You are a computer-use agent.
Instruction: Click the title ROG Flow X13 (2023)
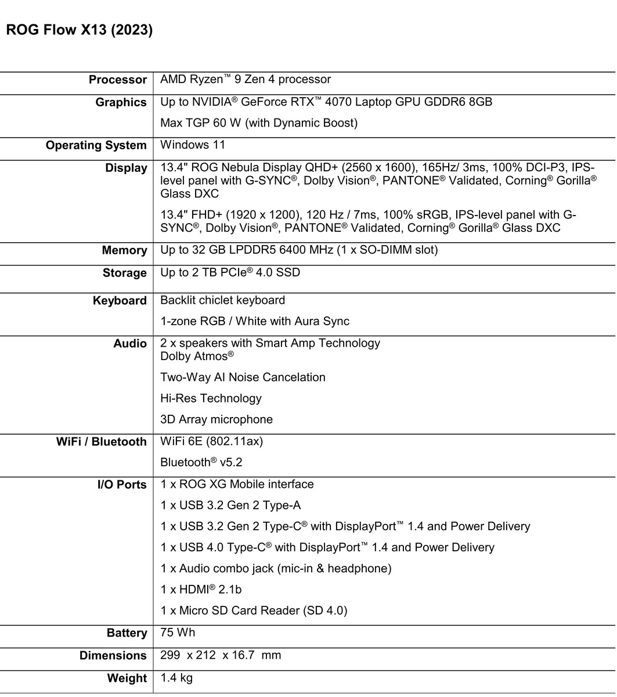pos(80,31)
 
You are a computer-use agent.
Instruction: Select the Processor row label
pos(118,80)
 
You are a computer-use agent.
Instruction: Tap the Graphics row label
pos(121,103)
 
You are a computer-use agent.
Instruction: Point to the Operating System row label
pos(96,146)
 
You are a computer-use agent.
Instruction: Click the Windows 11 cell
pos(193,145)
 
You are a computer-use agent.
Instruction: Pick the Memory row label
pos(124,251)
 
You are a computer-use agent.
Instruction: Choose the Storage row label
pos(125,274)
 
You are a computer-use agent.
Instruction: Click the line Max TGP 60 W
pos(259,123)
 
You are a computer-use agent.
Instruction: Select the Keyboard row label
pos(120,301)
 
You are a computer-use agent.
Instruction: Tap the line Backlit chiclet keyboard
pos(222,300)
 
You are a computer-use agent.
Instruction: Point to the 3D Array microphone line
pos(217,419)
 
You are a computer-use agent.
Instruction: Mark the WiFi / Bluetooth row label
pos(102,442)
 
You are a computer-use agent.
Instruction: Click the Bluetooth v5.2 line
pos(201,462)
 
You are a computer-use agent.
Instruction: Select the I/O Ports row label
pos(122,485)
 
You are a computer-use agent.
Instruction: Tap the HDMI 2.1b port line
pos(201,590)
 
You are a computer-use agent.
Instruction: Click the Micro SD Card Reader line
pos(254,610)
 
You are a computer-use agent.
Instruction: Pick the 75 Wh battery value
pos(178,633)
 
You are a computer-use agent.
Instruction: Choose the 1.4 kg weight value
pos(176,678)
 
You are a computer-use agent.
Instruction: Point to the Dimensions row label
pos(113,656)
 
